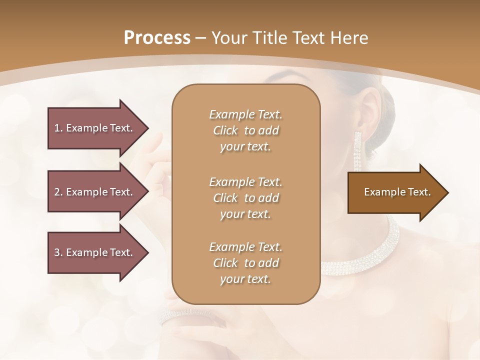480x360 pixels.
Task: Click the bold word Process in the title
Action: [x=157, y=37]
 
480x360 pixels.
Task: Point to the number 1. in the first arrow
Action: [x=58, y=128]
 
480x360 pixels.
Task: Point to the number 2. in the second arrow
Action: [x=58, y=192]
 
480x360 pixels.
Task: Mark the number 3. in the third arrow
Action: [x=58, y=252]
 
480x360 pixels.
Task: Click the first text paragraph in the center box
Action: [x=245, y=130]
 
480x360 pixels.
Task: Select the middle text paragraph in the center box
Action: [x=245, y=197]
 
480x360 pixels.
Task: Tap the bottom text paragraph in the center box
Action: [x=245, y=263]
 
